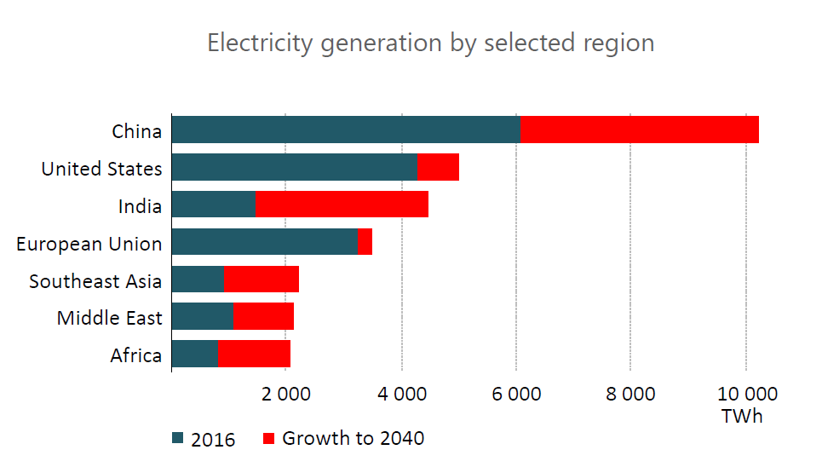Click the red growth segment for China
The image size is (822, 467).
(x=639, y=130)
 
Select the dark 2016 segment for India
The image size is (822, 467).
(x=213, y=205)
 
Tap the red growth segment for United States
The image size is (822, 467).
(x=438, y=167)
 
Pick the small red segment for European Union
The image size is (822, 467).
(x=365, y=242)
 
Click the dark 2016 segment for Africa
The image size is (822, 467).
(x=194, y=354)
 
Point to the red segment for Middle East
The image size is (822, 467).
(x=263, y=316)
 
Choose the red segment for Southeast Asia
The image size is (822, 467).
(x=262, y=280)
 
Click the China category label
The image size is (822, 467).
(x=136, y=131)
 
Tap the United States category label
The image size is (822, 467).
(x=101, y=169)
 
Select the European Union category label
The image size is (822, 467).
(x=89, y=244)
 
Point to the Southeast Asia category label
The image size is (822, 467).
(x=95, y=280)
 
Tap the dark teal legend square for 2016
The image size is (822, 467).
(x=178, y=439)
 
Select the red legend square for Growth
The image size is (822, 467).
(x=269, y=439)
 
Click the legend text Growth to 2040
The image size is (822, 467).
(x=353, y=438)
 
